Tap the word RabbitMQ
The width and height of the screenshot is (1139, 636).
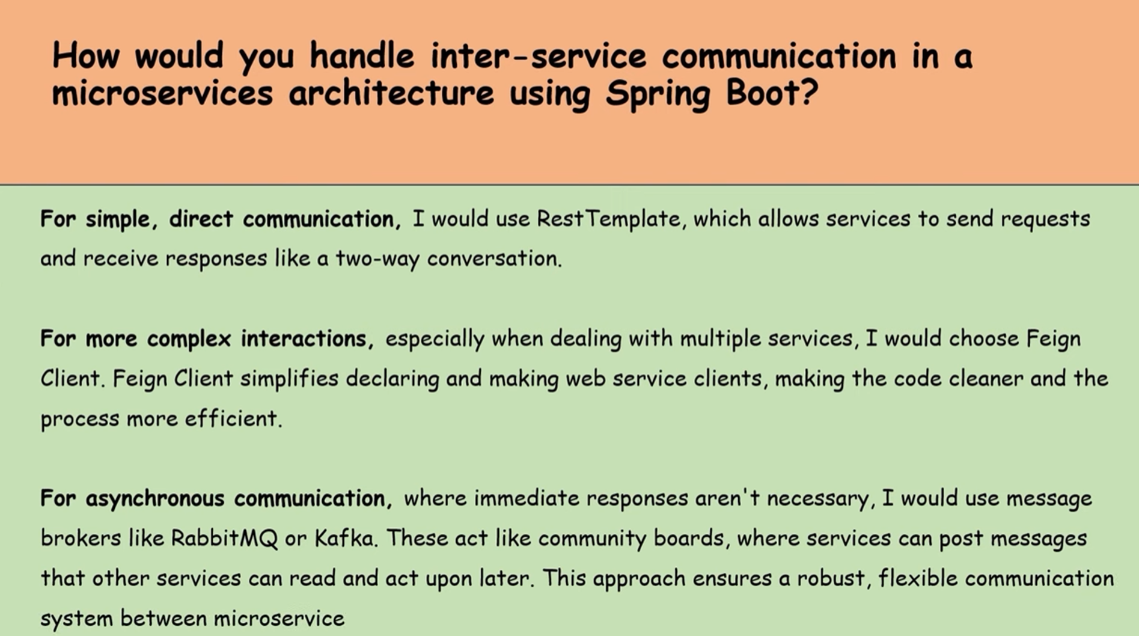[225, 538]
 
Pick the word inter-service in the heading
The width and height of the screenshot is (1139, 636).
[539, 56]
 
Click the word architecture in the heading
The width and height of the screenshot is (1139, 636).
[391, 93]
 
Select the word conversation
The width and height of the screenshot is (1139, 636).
[494, 258]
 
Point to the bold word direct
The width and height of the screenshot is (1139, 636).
[201, 219]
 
